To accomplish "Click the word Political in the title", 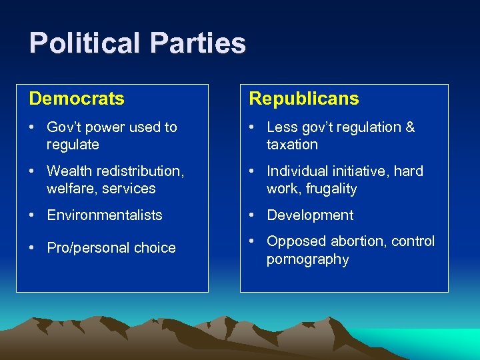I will tap(84, 44).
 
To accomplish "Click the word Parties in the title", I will tap(198, 44).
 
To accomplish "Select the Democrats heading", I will tap(77, 99).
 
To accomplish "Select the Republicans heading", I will tap(303, 99).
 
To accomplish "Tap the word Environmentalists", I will tap(105, 215).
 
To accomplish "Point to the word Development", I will tap(310, 215).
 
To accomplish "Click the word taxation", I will tap(292, 145).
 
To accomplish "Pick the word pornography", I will tap(307, 259).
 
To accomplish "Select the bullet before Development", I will tap(253, 215).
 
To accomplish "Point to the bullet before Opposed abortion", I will tap(253, 241).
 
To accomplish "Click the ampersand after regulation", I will tap(410, 127).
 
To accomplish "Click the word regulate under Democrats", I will tap(73, 145).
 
